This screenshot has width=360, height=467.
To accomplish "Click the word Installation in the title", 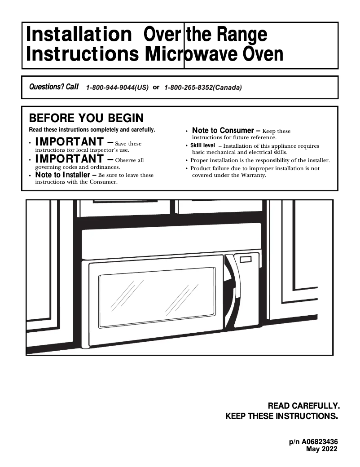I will pyautogui.click(x=77, y=35).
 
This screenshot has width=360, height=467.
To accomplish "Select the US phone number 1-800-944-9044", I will pyautogui.click(x=117, y=88).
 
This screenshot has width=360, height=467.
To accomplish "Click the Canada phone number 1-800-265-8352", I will pyautogui.click(x=203, y=88).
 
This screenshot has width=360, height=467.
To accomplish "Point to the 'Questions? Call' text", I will pyautogui.click(x=53, y=87).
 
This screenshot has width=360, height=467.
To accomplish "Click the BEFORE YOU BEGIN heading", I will pyautogui.click(x=86, y=118).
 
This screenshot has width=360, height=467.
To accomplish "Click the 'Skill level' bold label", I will pyautogui.click(x=202, y=145).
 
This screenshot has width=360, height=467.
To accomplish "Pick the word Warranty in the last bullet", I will pyautogui.click(x=255, y=175).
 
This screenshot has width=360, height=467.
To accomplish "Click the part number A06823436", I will pyautogui.click(x=320, y=442).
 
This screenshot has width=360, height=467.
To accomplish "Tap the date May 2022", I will pyautogui.click(x=322, y=449).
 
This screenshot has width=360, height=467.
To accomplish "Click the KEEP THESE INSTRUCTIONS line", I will pyautogui.click(x=281, y=416).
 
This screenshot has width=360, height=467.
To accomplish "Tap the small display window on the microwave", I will pyautogui.click(x=246, y=259).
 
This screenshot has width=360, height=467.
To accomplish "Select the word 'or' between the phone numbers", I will pyautogui.click(x=156, y=87).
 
